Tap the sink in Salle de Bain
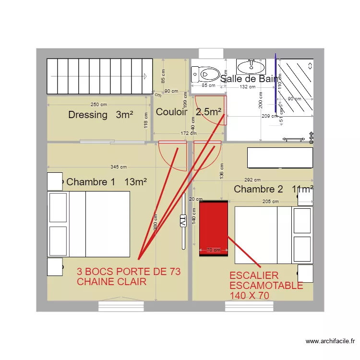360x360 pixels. (251, 67)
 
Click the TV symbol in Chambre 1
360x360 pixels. (183, 221)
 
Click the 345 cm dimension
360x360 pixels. (119, 167)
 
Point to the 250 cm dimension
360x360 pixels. (99, 105)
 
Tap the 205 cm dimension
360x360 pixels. (270, 202)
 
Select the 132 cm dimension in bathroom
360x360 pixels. (248, 87)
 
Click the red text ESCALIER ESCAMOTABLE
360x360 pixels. (266, 286)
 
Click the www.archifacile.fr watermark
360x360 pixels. (330, 342)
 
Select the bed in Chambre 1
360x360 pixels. (89, 224)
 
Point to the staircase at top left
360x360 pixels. (98, 76)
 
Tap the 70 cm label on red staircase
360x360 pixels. (213, 250)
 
